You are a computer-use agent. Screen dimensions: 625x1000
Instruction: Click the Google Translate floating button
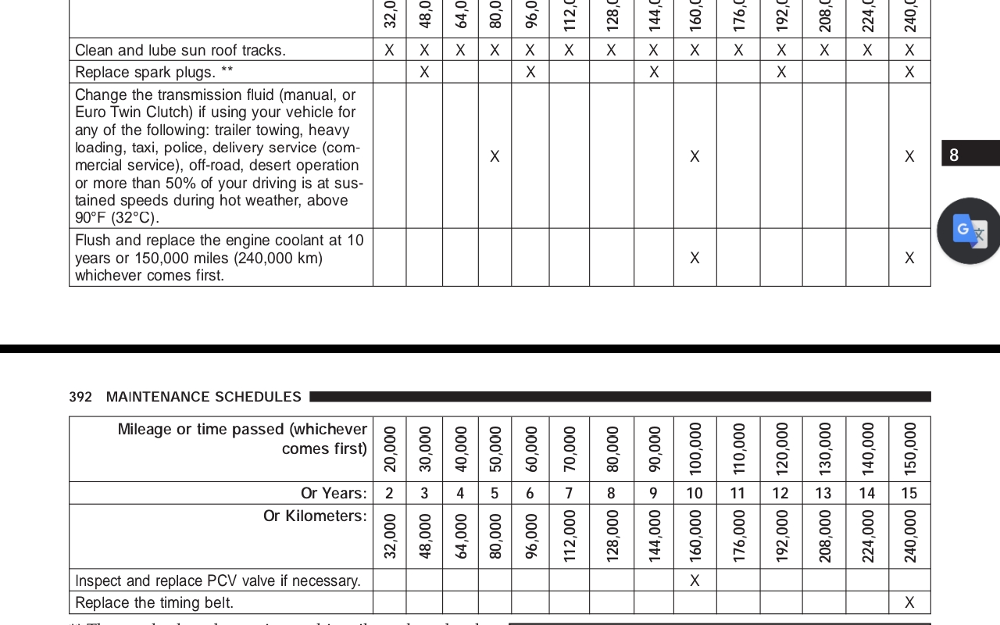point(969,230)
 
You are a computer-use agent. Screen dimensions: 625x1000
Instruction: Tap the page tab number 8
point(954,155)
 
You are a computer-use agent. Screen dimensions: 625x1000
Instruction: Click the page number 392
point(80,397)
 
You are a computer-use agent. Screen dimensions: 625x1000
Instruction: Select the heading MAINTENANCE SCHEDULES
point(203,397)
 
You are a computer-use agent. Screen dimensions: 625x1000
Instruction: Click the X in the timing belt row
point(909,602)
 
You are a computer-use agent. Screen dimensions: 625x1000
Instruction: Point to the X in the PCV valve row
point(695,580)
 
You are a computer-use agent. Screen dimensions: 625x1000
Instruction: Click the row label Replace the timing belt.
point(154,602)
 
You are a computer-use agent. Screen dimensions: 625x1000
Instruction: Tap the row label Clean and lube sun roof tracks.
point(180,50)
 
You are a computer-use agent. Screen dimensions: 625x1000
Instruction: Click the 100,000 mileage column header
point(695,448)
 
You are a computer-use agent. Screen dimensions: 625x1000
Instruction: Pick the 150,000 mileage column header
point(909,448)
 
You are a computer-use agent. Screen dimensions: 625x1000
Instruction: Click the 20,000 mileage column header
point(390,448)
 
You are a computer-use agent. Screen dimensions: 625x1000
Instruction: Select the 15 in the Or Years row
point(909,493)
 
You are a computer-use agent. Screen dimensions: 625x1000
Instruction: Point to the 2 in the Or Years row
point(390,493)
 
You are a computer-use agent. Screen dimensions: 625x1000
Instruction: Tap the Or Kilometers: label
point(315,516)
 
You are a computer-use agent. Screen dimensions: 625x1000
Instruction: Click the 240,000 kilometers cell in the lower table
point(909,536)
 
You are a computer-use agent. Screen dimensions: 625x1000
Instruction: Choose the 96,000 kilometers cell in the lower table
point(530,536)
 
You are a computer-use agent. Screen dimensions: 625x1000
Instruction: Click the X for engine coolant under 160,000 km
point(695,257)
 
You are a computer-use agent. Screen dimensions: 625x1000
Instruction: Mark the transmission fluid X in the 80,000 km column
point(495,156)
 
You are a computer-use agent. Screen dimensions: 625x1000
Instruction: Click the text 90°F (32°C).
point(117,217)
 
